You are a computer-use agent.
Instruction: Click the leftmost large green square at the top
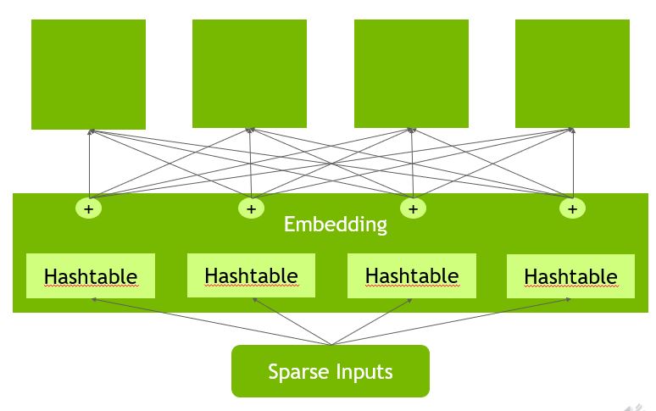(89, 75)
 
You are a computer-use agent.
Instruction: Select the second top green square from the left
(249, 74)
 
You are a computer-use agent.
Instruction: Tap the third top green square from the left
(411, 74)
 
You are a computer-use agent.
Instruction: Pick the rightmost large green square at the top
(572, 74)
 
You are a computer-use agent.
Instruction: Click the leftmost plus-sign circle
(89, 208)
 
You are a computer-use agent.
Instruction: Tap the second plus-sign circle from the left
(251, 208)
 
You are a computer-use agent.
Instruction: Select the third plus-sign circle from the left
(414, 208)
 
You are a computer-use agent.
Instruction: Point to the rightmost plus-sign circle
(572, 208)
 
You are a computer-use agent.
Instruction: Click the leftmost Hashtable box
(91, 276)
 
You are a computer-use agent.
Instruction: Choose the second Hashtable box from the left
(251, 275)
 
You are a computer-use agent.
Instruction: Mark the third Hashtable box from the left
(412, 276)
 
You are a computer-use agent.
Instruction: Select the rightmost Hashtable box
(570, 276)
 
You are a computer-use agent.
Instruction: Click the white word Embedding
(336, 225)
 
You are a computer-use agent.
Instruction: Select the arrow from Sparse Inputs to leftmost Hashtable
(211, 321)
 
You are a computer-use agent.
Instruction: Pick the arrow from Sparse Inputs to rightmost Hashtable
(451, 321)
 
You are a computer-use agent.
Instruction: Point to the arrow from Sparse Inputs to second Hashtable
(292, 321)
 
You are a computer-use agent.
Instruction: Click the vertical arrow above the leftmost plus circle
(90, 163)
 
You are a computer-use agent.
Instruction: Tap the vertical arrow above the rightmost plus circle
(573, 163)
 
